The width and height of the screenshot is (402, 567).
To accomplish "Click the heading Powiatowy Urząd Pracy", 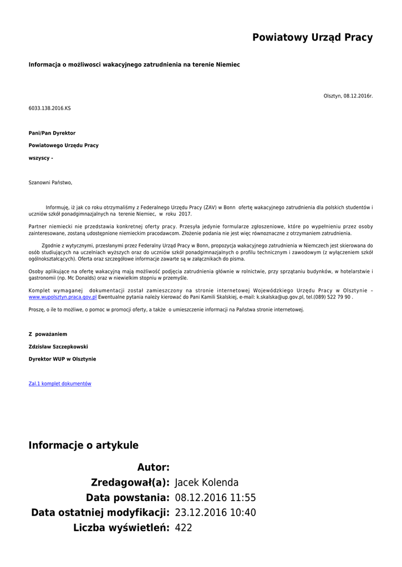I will tap(312, 38).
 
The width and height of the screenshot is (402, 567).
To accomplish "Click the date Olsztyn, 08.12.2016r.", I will tap(348, 96).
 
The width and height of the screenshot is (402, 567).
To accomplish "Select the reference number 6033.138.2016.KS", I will tap(50, 108).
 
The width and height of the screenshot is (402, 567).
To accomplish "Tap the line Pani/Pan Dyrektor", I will tap(52, 133).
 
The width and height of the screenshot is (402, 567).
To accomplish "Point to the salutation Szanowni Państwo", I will tap(50, 182).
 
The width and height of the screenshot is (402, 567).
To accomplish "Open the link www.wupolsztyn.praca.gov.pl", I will tap(63, 297).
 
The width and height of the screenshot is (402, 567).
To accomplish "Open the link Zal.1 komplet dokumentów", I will tap(60, 384).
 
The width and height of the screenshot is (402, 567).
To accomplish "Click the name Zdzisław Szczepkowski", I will tap(58, 347).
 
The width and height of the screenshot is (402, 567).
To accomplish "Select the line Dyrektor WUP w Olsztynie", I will tap(62, 359).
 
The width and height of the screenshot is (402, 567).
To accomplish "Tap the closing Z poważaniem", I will tap(48, 334).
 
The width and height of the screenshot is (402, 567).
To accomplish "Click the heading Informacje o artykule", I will tap(84, 445).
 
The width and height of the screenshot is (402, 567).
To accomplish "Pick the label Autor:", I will tap(153, 467).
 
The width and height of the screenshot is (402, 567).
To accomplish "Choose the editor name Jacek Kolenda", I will tap(206, 482).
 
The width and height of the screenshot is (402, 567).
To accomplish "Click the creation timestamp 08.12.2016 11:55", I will tap(215, 497).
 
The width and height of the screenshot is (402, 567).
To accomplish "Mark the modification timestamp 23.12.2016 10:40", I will tap(215, 513).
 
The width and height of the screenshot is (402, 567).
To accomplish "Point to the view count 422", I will tap(183, 528).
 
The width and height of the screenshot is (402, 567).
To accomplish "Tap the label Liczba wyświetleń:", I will tap(121, 528).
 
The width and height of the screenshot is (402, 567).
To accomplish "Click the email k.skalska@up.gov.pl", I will tap(280, 297).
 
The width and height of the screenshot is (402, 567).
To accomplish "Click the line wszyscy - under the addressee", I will tap(41, 158).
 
